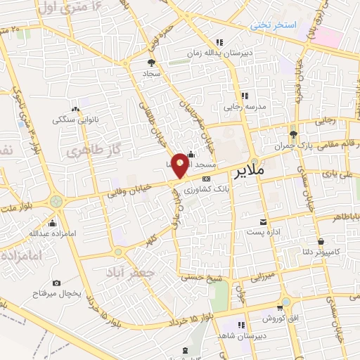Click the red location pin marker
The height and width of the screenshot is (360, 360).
click(180, 165)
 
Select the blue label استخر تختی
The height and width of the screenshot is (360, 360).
click(274, 25)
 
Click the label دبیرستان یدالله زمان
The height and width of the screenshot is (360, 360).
click(217, 53)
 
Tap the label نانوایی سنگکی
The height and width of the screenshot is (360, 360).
click(75, 120)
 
